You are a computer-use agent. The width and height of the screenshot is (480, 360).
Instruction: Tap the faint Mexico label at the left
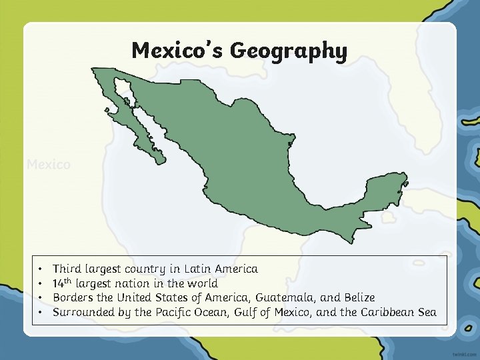tap(48, 164)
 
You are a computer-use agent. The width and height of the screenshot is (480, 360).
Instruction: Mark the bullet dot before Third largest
tap(41, 269)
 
